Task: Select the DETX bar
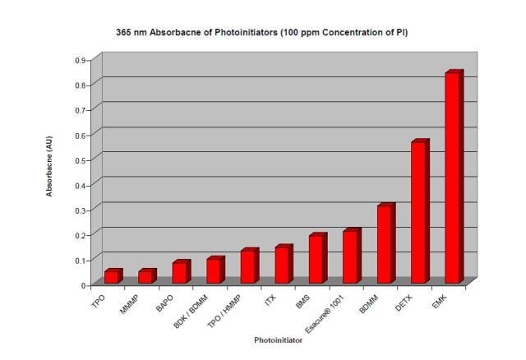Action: coord(419,213)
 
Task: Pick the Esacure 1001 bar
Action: coord(350,256)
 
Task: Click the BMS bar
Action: coord(316,260)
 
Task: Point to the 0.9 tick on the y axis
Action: coord(81,60)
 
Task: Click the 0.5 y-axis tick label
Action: coord(81,158)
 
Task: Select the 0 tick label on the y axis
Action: coord(84,285)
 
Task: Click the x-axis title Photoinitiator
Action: coord(278,339)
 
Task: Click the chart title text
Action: coord(262,33)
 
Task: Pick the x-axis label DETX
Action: coord(401,302)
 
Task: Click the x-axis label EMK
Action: coord(437,301)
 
